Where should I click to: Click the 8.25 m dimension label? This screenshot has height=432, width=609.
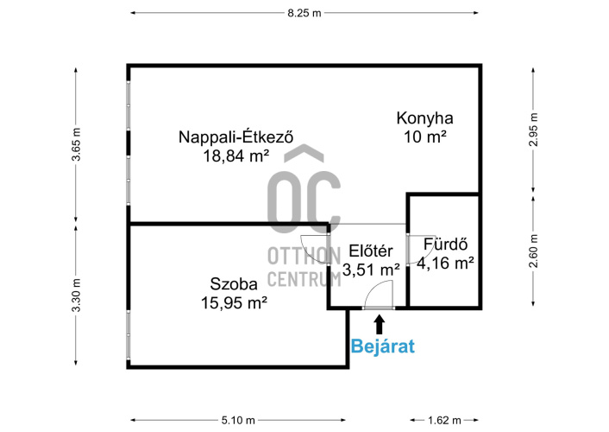coord(304,13)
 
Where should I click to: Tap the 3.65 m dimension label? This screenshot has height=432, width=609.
coord(77,144)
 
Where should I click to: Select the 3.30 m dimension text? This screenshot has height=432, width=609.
coord(77,295)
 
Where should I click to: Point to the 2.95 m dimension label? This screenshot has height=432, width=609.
coord(534,130)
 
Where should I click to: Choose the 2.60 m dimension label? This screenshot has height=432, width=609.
coord(534,251)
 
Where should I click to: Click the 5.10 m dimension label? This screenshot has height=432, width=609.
coord(238,420)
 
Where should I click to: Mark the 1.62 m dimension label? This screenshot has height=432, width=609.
coord(444,420)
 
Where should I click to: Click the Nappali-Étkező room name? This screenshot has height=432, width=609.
coord(235,137)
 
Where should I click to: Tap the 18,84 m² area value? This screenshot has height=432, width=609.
coord(235,156)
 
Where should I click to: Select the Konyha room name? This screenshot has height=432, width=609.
coord(424,118)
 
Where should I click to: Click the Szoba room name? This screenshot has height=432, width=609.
coord(234,284)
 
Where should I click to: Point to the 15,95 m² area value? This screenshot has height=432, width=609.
coord(234,302)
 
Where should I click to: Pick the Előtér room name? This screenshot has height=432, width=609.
coord(371,251)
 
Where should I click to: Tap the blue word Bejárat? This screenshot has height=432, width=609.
coord(383,346)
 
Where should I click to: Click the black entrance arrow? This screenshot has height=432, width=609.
coord(380,325)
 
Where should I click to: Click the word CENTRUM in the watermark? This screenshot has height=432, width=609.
coord(304,279)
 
